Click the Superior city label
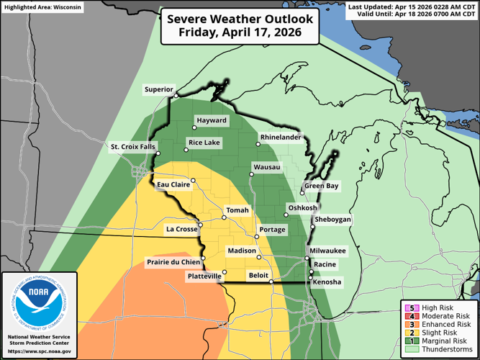pos(158,90)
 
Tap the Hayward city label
pos(212,120)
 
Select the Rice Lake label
pos(204,143)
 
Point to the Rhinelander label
pos(280,135)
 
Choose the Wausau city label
pos(266,168)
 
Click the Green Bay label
pos(321,186)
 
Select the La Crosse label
pos(180,230)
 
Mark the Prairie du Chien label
pos(173,262)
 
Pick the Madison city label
pos(241,251)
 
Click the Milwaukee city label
pos(328,251)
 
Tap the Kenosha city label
pos(327,282)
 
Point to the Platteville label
pos(204,276)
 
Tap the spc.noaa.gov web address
pos(39,351)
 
